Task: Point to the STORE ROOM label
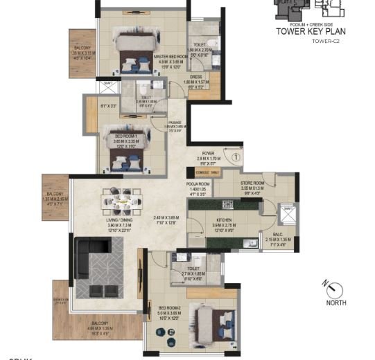pyautogui.click(x=254, y=182)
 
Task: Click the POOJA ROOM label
pyautogui.click(x=198, y=183)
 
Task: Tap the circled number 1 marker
pyautogui.click(x=236, y=157)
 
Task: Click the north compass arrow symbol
pyautogui.click(x=335, y=288)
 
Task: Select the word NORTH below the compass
pyautogui.click(x=336, y=303)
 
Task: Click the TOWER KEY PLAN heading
pyautogui.click(x=311, y=31)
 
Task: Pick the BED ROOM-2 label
pyautogui.click(x=169, y=307)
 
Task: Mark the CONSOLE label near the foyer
pyautogui.click(x=202, y=171)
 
